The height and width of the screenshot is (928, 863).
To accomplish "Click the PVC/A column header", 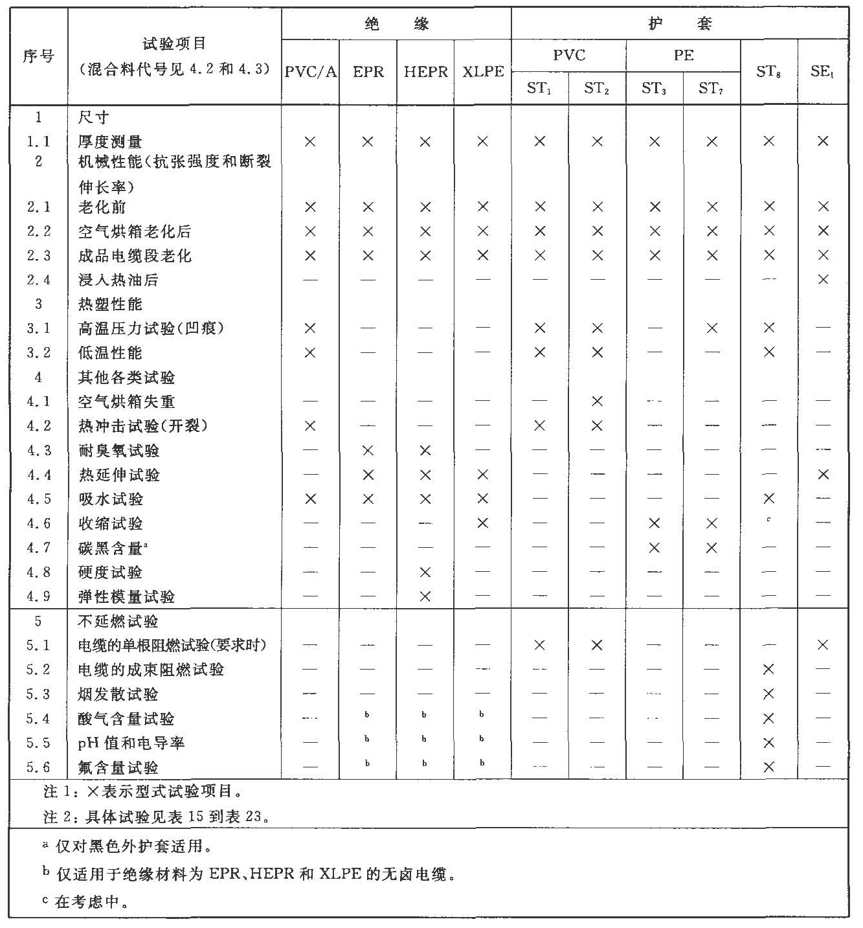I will [311, 71].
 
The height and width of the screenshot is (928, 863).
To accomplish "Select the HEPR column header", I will [425, 71].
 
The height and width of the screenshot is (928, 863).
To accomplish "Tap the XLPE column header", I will [483, 71].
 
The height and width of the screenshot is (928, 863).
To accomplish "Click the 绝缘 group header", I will [396, 25].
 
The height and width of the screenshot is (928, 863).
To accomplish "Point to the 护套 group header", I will [680, 25].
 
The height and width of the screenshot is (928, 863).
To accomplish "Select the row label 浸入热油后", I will [118, 280].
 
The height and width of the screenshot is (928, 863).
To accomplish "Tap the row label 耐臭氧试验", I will [118, 451].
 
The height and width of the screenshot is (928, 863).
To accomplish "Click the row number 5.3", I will [38, 694].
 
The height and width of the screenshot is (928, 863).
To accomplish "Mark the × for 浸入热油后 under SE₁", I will [823, 280].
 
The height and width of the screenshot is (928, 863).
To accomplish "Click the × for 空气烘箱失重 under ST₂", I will [597, 402].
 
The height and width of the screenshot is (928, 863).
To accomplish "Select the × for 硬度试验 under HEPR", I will [425, 572].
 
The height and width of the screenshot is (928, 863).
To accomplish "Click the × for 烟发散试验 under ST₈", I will [768, 694].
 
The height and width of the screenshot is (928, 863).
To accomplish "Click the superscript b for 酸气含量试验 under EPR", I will [367, 715].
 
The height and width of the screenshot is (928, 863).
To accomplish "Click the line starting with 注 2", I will [155, 817].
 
